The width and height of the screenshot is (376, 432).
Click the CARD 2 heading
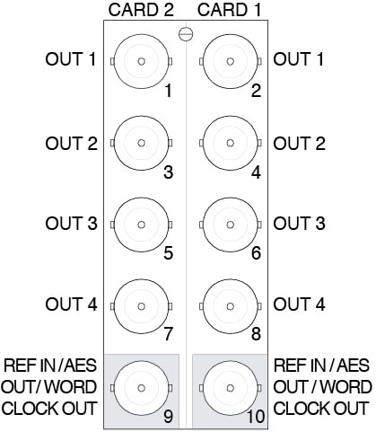pos(141,10)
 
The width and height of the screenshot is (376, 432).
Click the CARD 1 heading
pos(230,10)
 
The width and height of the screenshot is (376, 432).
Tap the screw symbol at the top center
pos(186,34)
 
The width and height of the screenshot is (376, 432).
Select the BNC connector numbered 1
pos(142,61)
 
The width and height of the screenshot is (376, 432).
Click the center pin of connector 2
pos(230,61)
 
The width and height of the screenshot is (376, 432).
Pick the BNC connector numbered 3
pos(142,143)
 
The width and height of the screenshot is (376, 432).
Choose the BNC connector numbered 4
pos(230,143)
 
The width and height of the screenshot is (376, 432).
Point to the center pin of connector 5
pos(142,225)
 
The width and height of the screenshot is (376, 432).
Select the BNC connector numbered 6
pos(230,225)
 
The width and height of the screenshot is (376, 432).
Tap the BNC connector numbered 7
pos(142,306)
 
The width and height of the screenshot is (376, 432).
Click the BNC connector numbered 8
pos(230,306)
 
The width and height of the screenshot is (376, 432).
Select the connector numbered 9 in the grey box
pos(142,388)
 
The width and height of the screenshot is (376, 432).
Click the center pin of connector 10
pos(230,388)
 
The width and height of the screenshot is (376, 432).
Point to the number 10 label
pos(256,416)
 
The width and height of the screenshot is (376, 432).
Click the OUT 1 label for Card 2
pos(71,59)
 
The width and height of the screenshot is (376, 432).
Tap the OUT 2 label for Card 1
pos(299,143)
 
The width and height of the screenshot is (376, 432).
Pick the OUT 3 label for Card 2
pos(71,224)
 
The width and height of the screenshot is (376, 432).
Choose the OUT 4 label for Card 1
pos(299,304)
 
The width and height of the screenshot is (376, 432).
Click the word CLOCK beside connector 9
pos(31,408)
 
